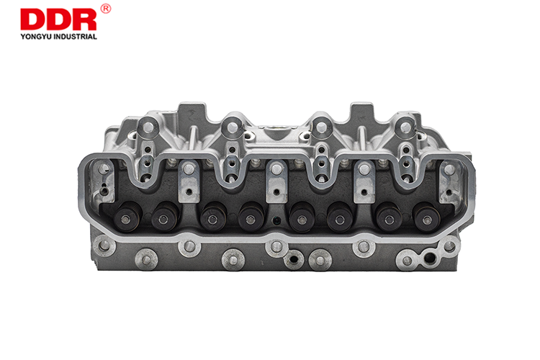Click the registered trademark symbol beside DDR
106,9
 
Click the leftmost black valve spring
127,217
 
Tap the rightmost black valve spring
428,217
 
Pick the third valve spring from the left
213,217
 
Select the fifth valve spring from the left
302,217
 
